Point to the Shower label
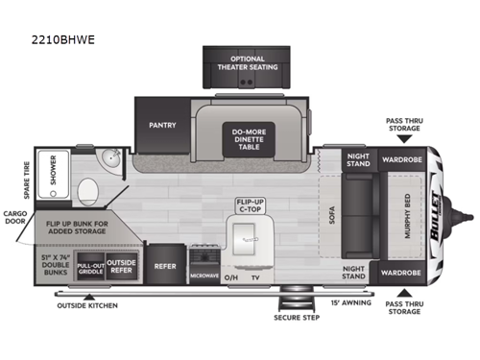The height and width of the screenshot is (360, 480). (51, 170)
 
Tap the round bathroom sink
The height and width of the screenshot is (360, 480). (111, 160)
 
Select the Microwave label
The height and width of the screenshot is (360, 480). (204, 276)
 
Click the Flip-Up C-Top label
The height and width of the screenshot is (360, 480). (250, 204)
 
